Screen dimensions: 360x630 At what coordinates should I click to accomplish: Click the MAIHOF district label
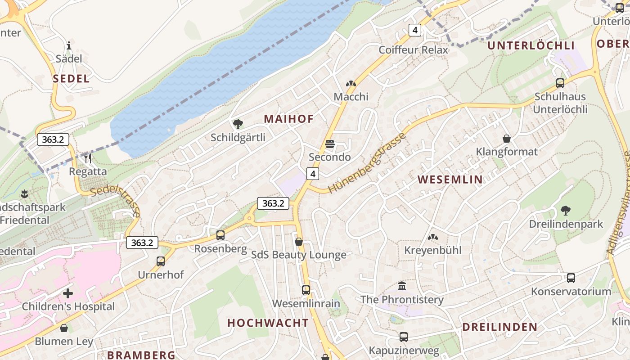[x=288, y=119]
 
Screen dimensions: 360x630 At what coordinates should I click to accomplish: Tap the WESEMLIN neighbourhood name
[x=450, y=180]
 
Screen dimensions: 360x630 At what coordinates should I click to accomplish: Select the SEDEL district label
[x=71, y=78]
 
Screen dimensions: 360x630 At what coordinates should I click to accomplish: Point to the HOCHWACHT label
[x=268, y=323]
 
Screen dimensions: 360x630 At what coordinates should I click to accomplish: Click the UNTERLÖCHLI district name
[x=531, y=45]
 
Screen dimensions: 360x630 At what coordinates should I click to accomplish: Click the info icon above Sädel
[x=69, y=45]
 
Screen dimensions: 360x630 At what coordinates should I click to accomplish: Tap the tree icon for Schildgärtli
[x=238, y=124]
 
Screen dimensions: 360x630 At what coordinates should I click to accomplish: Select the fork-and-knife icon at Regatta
[x=88, y=158]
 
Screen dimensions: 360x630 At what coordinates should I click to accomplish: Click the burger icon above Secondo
[x=330, y=144]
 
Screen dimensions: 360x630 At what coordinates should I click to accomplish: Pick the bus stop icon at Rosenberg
[x=220, y=235]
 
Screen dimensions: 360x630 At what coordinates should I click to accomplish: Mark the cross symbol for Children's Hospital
[x=68, y=293]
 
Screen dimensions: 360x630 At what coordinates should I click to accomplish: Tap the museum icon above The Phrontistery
[x=402, y=286]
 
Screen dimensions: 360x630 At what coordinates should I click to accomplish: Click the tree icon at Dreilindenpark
[x=566, y=210]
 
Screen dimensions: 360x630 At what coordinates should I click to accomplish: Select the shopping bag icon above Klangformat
[x=507, y=138]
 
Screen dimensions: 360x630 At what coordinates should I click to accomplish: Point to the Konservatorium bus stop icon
[x=571, y=278]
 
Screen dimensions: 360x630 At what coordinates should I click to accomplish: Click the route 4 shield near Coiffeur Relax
[x=415, y=30]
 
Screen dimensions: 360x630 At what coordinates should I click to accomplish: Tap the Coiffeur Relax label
[x=413, y=49]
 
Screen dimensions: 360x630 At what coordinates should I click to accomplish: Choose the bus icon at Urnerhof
[x=161, y=261]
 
